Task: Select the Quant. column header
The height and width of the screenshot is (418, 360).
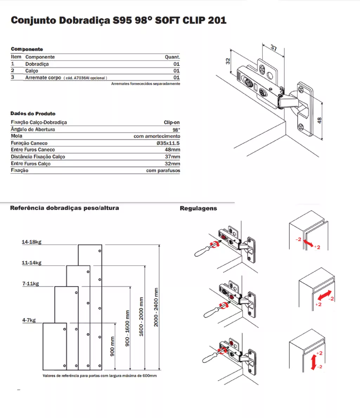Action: (172, 57)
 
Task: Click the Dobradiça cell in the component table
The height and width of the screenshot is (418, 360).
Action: (37, 64)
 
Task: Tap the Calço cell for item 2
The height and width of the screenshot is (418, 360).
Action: (32, 71)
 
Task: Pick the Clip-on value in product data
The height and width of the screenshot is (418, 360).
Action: (172, 122)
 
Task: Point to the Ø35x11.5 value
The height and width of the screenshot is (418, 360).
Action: (168, 143)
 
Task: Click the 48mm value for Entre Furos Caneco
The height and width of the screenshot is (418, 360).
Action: (172, 150)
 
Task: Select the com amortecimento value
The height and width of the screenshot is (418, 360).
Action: (157, 136)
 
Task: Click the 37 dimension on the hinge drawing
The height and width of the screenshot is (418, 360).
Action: (274, 47)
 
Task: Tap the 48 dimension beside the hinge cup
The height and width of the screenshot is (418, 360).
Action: (319, 120)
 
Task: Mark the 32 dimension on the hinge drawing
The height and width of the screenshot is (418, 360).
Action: (228, 61)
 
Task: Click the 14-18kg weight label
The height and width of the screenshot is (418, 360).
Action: (32, 242)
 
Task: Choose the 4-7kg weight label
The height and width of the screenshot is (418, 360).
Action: (29, 320)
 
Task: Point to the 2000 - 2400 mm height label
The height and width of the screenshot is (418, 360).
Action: (156, 307)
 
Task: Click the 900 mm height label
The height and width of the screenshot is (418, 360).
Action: (112, 346)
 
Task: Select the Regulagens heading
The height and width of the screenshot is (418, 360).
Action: (198, 208)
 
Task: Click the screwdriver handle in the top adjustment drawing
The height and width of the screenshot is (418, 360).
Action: (201, 251)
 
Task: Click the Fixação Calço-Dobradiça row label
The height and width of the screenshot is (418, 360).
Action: (39, 122)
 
